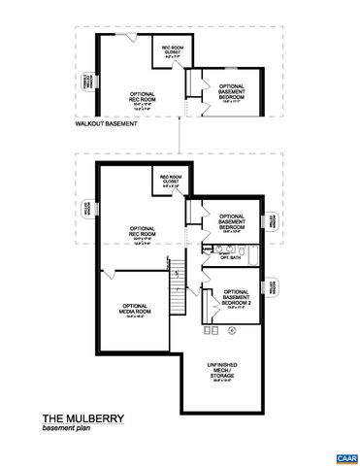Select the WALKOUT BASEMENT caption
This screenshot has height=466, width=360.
[106, 124]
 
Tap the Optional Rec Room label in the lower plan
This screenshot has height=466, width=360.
[142, 235]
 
